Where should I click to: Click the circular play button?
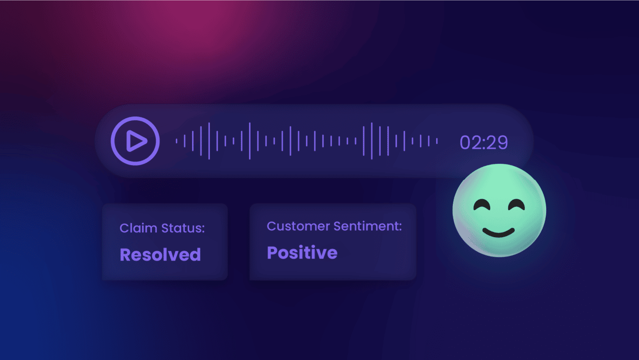coord(135,141)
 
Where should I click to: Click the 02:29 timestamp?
coord(483,142)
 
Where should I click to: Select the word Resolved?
coord(160,255)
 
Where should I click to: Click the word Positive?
coord(302,253)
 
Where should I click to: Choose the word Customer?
coord(299,226)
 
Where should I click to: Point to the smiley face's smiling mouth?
coord(499,232)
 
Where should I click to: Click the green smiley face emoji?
coord(499,211)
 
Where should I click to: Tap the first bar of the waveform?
coord(177,141)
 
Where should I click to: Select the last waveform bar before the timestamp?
coord(437,141)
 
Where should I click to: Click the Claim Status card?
coord(165,242)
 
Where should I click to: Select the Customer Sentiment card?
coord(332,242)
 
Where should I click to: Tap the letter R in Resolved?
coord(125,255)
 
